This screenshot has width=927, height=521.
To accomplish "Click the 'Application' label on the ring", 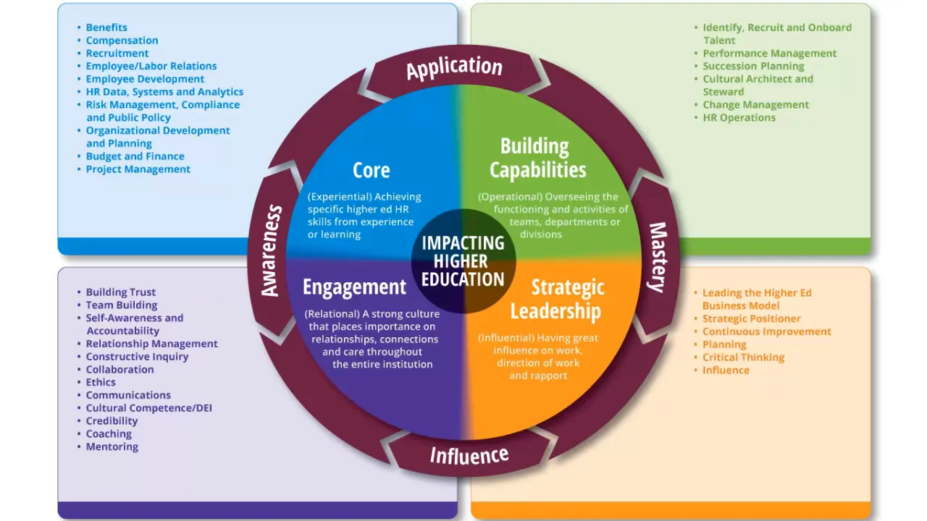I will coord(454,68).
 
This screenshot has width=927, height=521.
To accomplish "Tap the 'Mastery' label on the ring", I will coord(656,257).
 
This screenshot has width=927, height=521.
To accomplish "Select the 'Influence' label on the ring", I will coord(469,455).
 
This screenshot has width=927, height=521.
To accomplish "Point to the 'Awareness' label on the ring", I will coord(270,251).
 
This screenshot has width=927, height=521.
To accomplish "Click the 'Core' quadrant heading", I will coord(371,170).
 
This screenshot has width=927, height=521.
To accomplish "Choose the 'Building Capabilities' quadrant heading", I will coord(537,158).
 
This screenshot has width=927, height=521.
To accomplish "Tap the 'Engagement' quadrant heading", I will coord(354,287).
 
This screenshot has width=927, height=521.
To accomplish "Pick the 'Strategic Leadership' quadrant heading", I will coord(556,299).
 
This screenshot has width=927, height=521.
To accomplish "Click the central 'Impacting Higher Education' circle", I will coord(463,261).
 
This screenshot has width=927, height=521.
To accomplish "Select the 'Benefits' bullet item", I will coord(106,27).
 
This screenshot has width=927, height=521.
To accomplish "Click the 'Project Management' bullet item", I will coord(138,169).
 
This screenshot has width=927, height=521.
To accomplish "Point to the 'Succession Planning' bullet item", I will coord(753,66).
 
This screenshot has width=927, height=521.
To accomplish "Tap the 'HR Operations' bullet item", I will coord(739,117).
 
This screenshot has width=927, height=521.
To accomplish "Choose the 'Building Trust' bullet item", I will coord(120,292).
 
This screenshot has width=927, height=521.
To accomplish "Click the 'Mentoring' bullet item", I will coord(112,446).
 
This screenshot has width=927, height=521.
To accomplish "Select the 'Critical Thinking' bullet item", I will coord(743,357).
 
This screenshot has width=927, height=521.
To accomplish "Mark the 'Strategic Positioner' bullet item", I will coord(751,318).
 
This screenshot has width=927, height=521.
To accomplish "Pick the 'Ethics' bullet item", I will coord(101,382).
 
